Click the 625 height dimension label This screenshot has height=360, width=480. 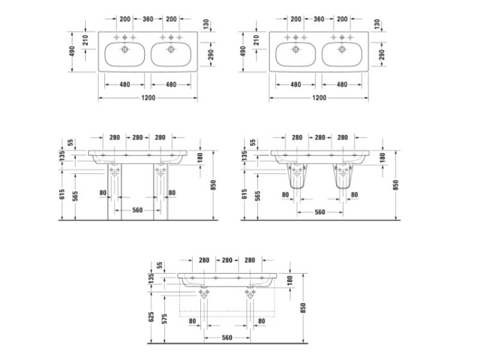(151, 317)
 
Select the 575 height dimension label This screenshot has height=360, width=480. (165, 318)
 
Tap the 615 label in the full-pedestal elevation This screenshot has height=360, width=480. (63, 194)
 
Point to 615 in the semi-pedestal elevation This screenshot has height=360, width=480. (244, 194)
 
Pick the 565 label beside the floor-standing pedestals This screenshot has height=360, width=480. (76, 196)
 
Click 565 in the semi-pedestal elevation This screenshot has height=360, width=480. (258, 196)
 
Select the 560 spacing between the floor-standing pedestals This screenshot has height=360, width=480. (138, 210)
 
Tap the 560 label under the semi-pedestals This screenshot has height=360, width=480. (320, 212)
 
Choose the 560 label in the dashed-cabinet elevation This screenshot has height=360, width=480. (227, 338)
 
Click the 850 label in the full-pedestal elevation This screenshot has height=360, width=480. (213, 185)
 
